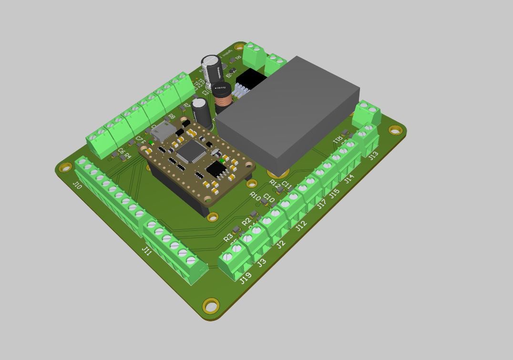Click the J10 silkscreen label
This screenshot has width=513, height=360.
77,185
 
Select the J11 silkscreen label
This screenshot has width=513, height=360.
147,250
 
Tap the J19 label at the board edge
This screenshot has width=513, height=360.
246,278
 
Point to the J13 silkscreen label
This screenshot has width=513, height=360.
373,155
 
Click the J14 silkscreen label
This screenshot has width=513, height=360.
349,179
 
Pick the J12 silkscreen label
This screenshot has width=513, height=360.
301,226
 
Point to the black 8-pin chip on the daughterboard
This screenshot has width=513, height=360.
217,168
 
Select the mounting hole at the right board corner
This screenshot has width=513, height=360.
395,130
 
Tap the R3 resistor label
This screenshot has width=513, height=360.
228,237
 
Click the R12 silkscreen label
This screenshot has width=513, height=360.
275,183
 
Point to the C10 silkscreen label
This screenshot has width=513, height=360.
269,198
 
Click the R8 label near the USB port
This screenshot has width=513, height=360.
172,116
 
